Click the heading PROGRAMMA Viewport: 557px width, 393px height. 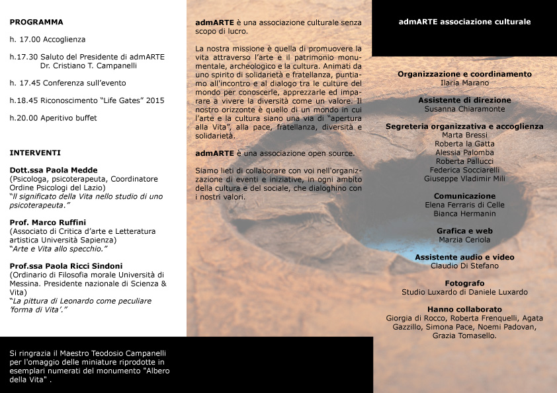(36, 22)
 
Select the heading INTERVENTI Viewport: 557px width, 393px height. (35, 153)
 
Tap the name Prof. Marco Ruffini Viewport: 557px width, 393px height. (48, 222)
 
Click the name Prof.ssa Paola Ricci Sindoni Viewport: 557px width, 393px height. (66, 266)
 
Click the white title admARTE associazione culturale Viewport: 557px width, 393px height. (464, 22)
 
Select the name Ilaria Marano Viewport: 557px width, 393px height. (464, 83)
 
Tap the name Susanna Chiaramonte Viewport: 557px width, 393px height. (464, 108)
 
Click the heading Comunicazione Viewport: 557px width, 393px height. (464, 196)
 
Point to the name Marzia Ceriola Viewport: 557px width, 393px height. (464, 240)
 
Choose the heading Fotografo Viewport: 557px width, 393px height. (464, 283)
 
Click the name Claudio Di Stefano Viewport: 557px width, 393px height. (464, 266)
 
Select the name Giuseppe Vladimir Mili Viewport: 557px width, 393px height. (464, 178)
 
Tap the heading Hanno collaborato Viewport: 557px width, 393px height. (464, 309)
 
